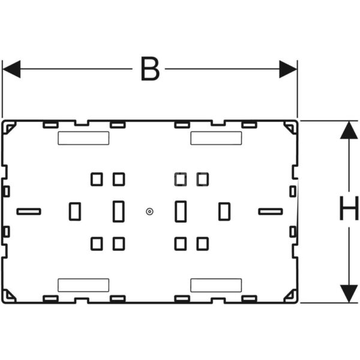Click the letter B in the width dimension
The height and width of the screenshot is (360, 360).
(x=150, y=68)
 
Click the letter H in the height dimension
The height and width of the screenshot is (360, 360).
(x=349, y=208)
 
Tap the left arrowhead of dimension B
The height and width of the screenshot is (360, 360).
(x=11, y=69)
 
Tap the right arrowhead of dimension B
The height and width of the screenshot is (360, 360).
(x=288, y=69)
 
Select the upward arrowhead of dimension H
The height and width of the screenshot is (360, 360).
(x=349, y=130)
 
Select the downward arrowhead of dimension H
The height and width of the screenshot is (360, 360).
(x=349, y=293)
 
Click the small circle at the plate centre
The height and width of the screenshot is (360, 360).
(x=149, y=211)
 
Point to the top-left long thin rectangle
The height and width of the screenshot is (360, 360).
(x=83, y=138)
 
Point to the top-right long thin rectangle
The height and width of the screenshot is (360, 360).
(x=216, y=138)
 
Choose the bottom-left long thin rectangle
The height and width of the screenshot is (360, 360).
(x=83, y=286)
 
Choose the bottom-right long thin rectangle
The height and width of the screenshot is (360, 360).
(x=216, y=286)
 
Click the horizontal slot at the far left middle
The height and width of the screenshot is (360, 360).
(x=29, y=211)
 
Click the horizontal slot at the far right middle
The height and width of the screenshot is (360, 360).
(x=271, y=211)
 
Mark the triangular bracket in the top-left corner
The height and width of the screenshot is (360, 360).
(x=9, y=128)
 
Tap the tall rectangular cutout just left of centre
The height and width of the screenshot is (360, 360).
(x=119, y=211)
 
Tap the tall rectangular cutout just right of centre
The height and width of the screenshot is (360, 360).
(x=181, y=211)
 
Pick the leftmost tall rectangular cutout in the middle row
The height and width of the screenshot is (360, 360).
(x=75, y=211)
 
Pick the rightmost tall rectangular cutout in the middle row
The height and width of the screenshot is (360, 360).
(x=224, y=211)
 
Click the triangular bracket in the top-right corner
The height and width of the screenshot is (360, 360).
(x=290, y=128)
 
